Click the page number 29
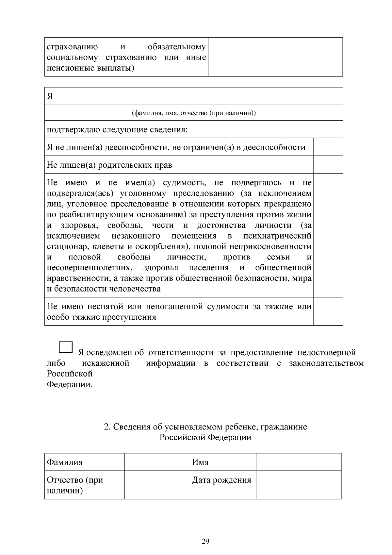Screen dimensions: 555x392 (205, 541)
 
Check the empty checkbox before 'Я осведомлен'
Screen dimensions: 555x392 (66, 347)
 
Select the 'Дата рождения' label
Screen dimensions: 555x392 (221, 480)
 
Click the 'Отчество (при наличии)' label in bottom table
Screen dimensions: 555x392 (75, 485)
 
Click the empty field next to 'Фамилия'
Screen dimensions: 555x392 (157, 462)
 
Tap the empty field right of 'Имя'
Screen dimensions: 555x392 (299, 462)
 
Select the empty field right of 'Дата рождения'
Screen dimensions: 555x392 (299, 485)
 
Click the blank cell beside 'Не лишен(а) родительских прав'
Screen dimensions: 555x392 (328, 164)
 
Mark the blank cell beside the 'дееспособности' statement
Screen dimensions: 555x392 (328, 147)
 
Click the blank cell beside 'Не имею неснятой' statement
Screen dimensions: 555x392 (328, 311)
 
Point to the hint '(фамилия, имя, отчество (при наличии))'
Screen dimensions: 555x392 (194, 113)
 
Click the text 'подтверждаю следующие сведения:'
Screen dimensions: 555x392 (117, 129)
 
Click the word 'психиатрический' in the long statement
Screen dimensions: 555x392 (277, 236)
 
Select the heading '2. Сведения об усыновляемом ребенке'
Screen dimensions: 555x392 (205, 427)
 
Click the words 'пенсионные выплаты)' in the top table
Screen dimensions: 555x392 (91, 68)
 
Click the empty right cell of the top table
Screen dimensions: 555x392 (275, 57)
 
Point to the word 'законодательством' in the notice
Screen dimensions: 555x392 (326, 363)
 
